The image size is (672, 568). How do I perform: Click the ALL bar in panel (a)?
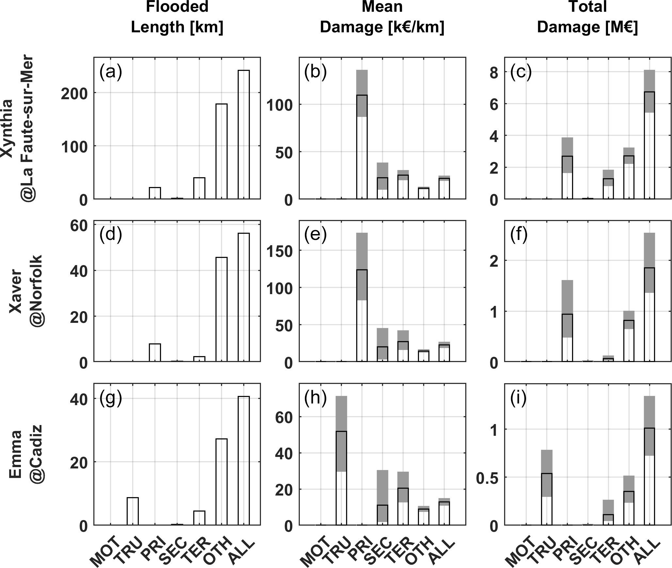(x=244, y=134)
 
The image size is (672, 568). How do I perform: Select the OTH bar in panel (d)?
(x=221, y=309)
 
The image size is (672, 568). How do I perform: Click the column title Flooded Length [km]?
(x=177, y=17)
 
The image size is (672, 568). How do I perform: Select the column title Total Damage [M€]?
(x=587, y=17)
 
